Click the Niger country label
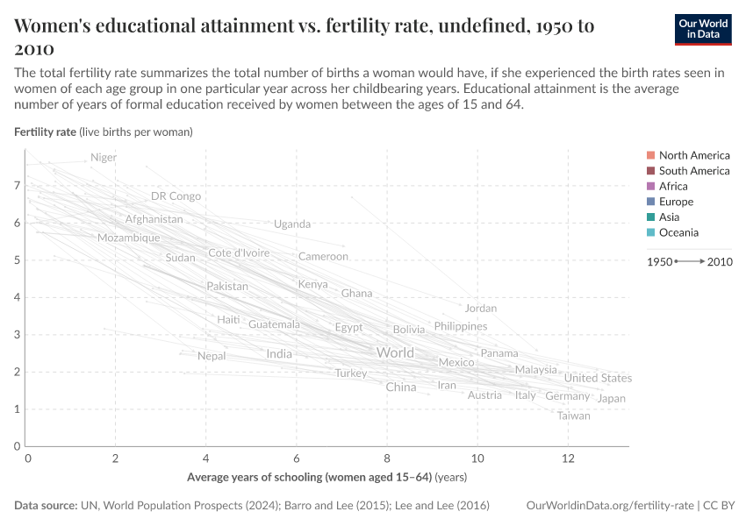coord(104,158)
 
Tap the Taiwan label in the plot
coord(574,416)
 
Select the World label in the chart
coord(395,352)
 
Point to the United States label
coord(598,378)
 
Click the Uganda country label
coord(292,224)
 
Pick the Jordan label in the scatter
coord(481,308)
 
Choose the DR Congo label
coord(176,196)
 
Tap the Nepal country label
coord(212,356)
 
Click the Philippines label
coord(461,326)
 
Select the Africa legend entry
coord(673,186)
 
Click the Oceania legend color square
coord(649,232)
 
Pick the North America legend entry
coord(693,155)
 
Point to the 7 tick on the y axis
coord(17,186)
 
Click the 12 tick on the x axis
coord(568,458)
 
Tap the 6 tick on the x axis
coord(298,458)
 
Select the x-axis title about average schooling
coord(326,478)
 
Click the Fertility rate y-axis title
coord(104,131)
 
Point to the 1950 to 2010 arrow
coord(690,261)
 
